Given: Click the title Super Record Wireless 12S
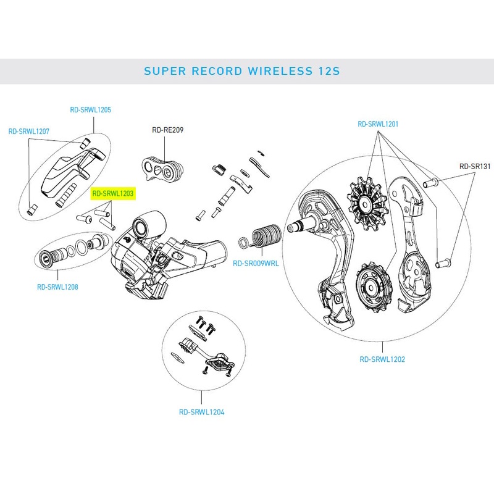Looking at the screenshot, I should pyautogui.click(x=242, y=71).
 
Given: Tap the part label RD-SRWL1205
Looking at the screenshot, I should pyautogui.click(x=90, y=110).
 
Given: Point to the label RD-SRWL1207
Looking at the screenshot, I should pyautogui.click(x=28, y=132).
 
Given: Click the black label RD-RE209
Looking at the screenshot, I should pyautogui.click(x=168, y=130).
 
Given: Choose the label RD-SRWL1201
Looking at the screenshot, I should pyautogui.click(x=378, y=124).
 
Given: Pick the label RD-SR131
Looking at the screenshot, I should pyautogui.click(x=475, y=167).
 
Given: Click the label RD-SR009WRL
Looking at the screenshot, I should pyautogui.click(x=256, y=263).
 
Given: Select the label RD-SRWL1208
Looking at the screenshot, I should pyautogui.click(x=57, y=287).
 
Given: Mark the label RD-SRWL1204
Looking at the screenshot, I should pyautogui.click(x=201, y=412).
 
